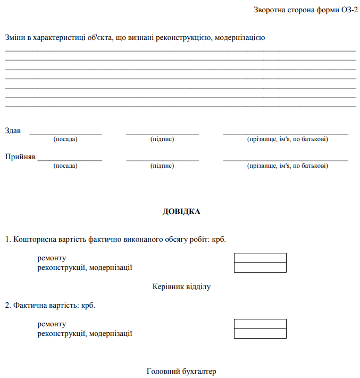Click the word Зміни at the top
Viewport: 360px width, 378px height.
tap(15, 38)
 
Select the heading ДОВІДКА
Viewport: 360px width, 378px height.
tap(181, 211)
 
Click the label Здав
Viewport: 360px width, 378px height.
tap(13, 130)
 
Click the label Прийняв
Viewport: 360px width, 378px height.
tap(20, 157)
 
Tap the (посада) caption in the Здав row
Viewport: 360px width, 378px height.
tap(65, 139)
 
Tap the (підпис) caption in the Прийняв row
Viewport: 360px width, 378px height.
tap(162, 166)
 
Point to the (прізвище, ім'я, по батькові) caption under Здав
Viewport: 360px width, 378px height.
tap(287, 139)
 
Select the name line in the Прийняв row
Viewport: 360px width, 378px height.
tap(286, 160)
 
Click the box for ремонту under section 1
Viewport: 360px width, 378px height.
tap(260, 258)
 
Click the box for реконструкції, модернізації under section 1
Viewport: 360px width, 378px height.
tap(260, 267)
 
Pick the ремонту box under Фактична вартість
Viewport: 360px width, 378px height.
tap(260, 324)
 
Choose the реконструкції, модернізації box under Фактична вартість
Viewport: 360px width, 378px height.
tap(260, 333)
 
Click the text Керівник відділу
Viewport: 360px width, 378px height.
tap(181, 287)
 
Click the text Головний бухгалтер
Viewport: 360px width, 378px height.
tap(181, 371)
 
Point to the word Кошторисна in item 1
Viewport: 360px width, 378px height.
tap(34, 240)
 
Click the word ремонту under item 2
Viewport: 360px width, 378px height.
tap(52, 324)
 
